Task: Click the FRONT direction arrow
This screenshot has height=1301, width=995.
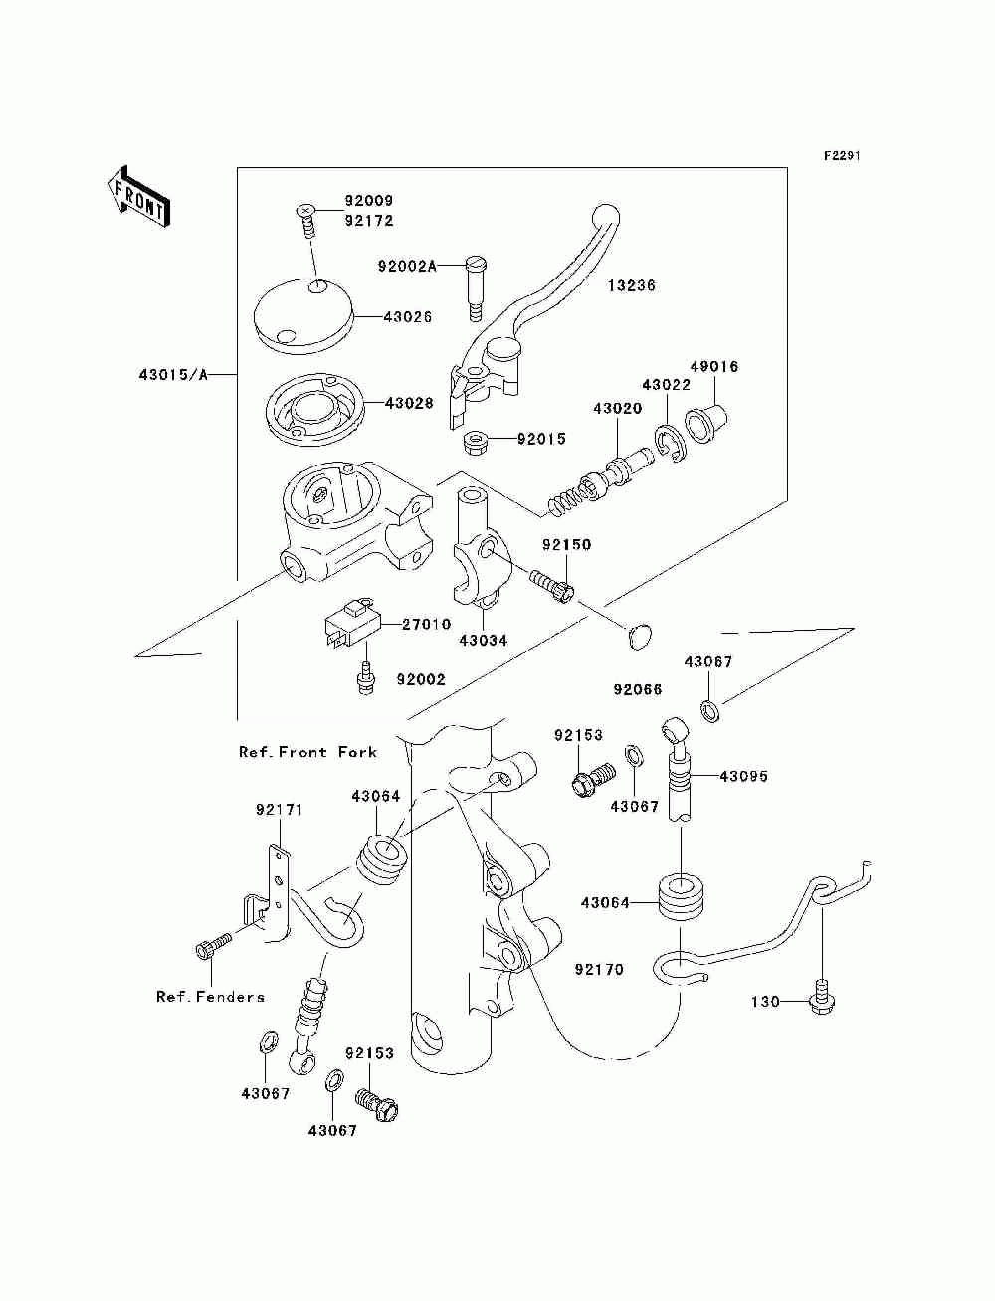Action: tap(139, 196)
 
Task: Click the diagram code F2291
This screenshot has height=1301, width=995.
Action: tap(842, 156)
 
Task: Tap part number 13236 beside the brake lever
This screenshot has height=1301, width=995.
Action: tap(631, 285)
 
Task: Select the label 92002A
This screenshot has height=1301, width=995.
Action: tap(407, 267)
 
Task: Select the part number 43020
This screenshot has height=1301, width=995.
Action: tap(617, 409)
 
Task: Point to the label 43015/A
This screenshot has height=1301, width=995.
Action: tap(173, 375)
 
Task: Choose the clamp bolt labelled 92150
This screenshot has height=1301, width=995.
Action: tap(552, 585)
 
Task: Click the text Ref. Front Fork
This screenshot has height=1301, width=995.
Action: tap(307, 752)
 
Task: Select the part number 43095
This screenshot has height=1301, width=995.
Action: tap(743, 776)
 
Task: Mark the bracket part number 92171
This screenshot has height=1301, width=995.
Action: tap(280, 809)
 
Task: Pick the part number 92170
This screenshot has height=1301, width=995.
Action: tap(599, 969)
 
